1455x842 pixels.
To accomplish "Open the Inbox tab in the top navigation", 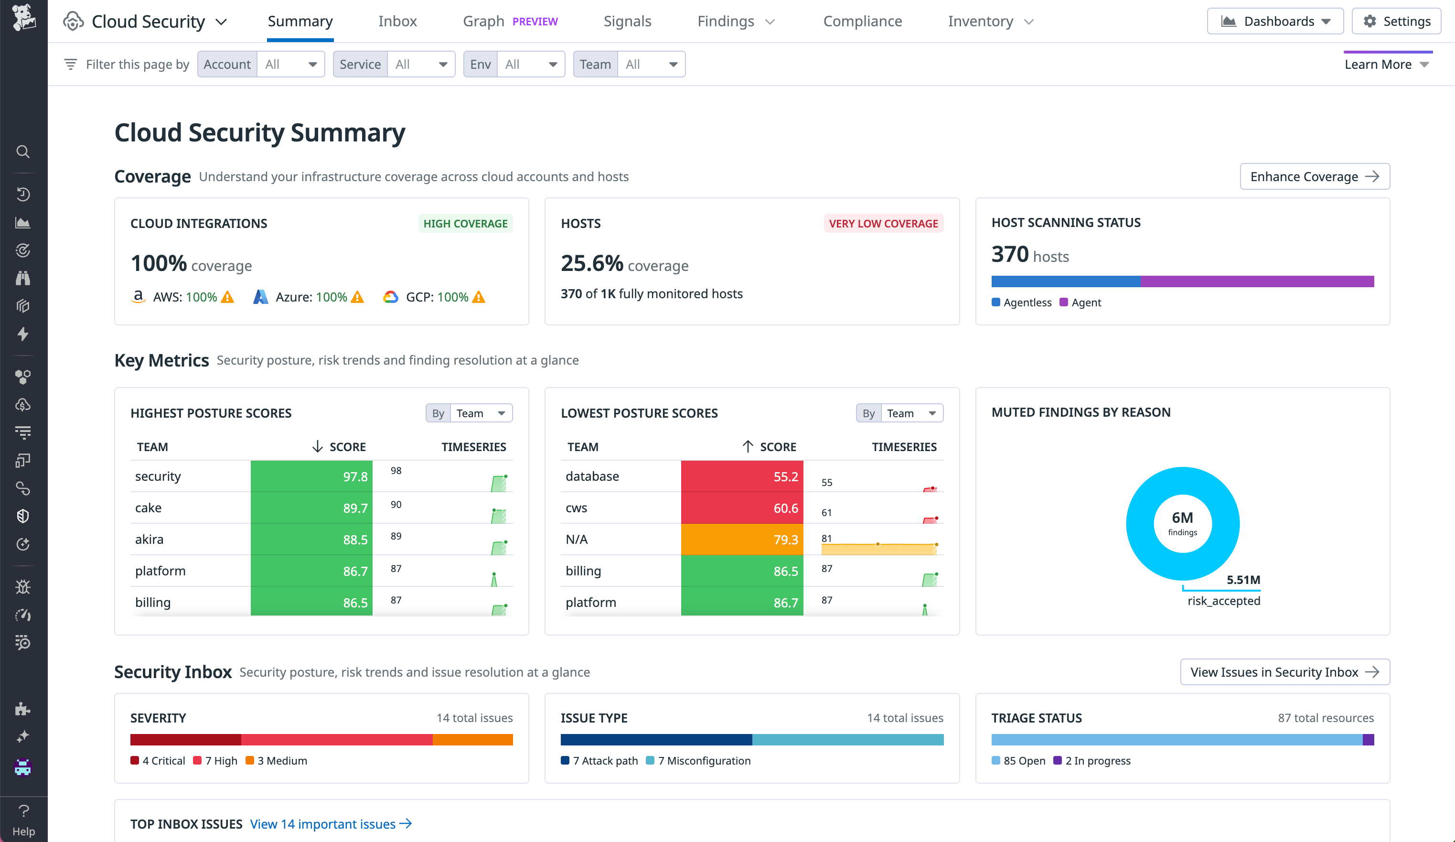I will [x=397, y=22].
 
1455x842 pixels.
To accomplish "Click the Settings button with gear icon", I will [x=1396, y=22].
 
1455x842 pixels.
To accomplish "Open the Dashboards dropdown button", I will [x=1275, y=22].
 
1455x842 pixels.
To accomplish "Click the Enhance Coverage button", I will [x=1314, y=177].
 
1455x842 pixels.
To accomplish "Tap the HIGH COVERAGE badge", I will [x=465, y=224].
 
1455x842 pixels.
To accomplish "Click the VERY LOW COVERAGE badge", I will [x=883, y=224].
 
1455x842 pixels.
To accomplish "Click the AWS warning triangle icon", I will [x=228, y=297].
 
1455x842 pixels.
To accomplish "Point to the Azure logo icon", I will [x=260, y=297].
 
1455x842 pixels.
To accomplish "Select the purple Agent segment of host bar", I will [x=1256, y=282].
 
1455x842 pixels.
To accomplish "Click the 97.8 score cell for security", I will [x=312, y=476].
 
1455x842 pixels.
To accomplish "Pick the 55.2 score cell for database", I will [x=742, y=476].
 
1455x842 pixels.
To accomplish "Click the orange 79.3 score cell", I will [x=742, y=540].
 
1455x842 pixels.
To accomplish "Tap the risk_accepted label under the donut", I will [x=1223, y=601].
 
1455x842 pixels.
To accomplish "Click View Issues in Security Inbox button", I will [x=1284, y=672].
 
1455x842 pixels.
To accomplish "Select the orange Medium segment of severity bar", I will [x=472, y=740].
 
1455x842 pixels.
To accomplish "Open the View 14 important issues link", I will [x=330, y=824].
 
